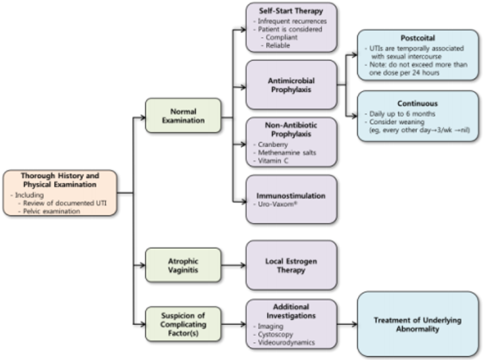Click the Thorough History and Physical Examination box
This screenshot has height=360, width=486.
click(59, 192)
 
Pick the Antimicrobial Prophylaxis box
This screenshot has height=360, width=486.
click(291, 85)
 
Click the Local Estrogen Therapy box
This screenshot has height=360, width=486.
click(291, 265)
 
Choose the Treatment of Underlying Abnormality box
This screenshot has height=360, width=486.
click(417, 324)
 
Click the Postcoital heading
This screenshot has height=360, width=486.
click(417, 38)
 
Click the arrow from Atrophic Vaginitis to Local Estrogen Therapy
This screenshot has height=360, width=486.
click(233, 265)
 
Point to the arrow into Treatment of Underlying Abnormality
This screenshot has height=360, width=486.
click(347, 324)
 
